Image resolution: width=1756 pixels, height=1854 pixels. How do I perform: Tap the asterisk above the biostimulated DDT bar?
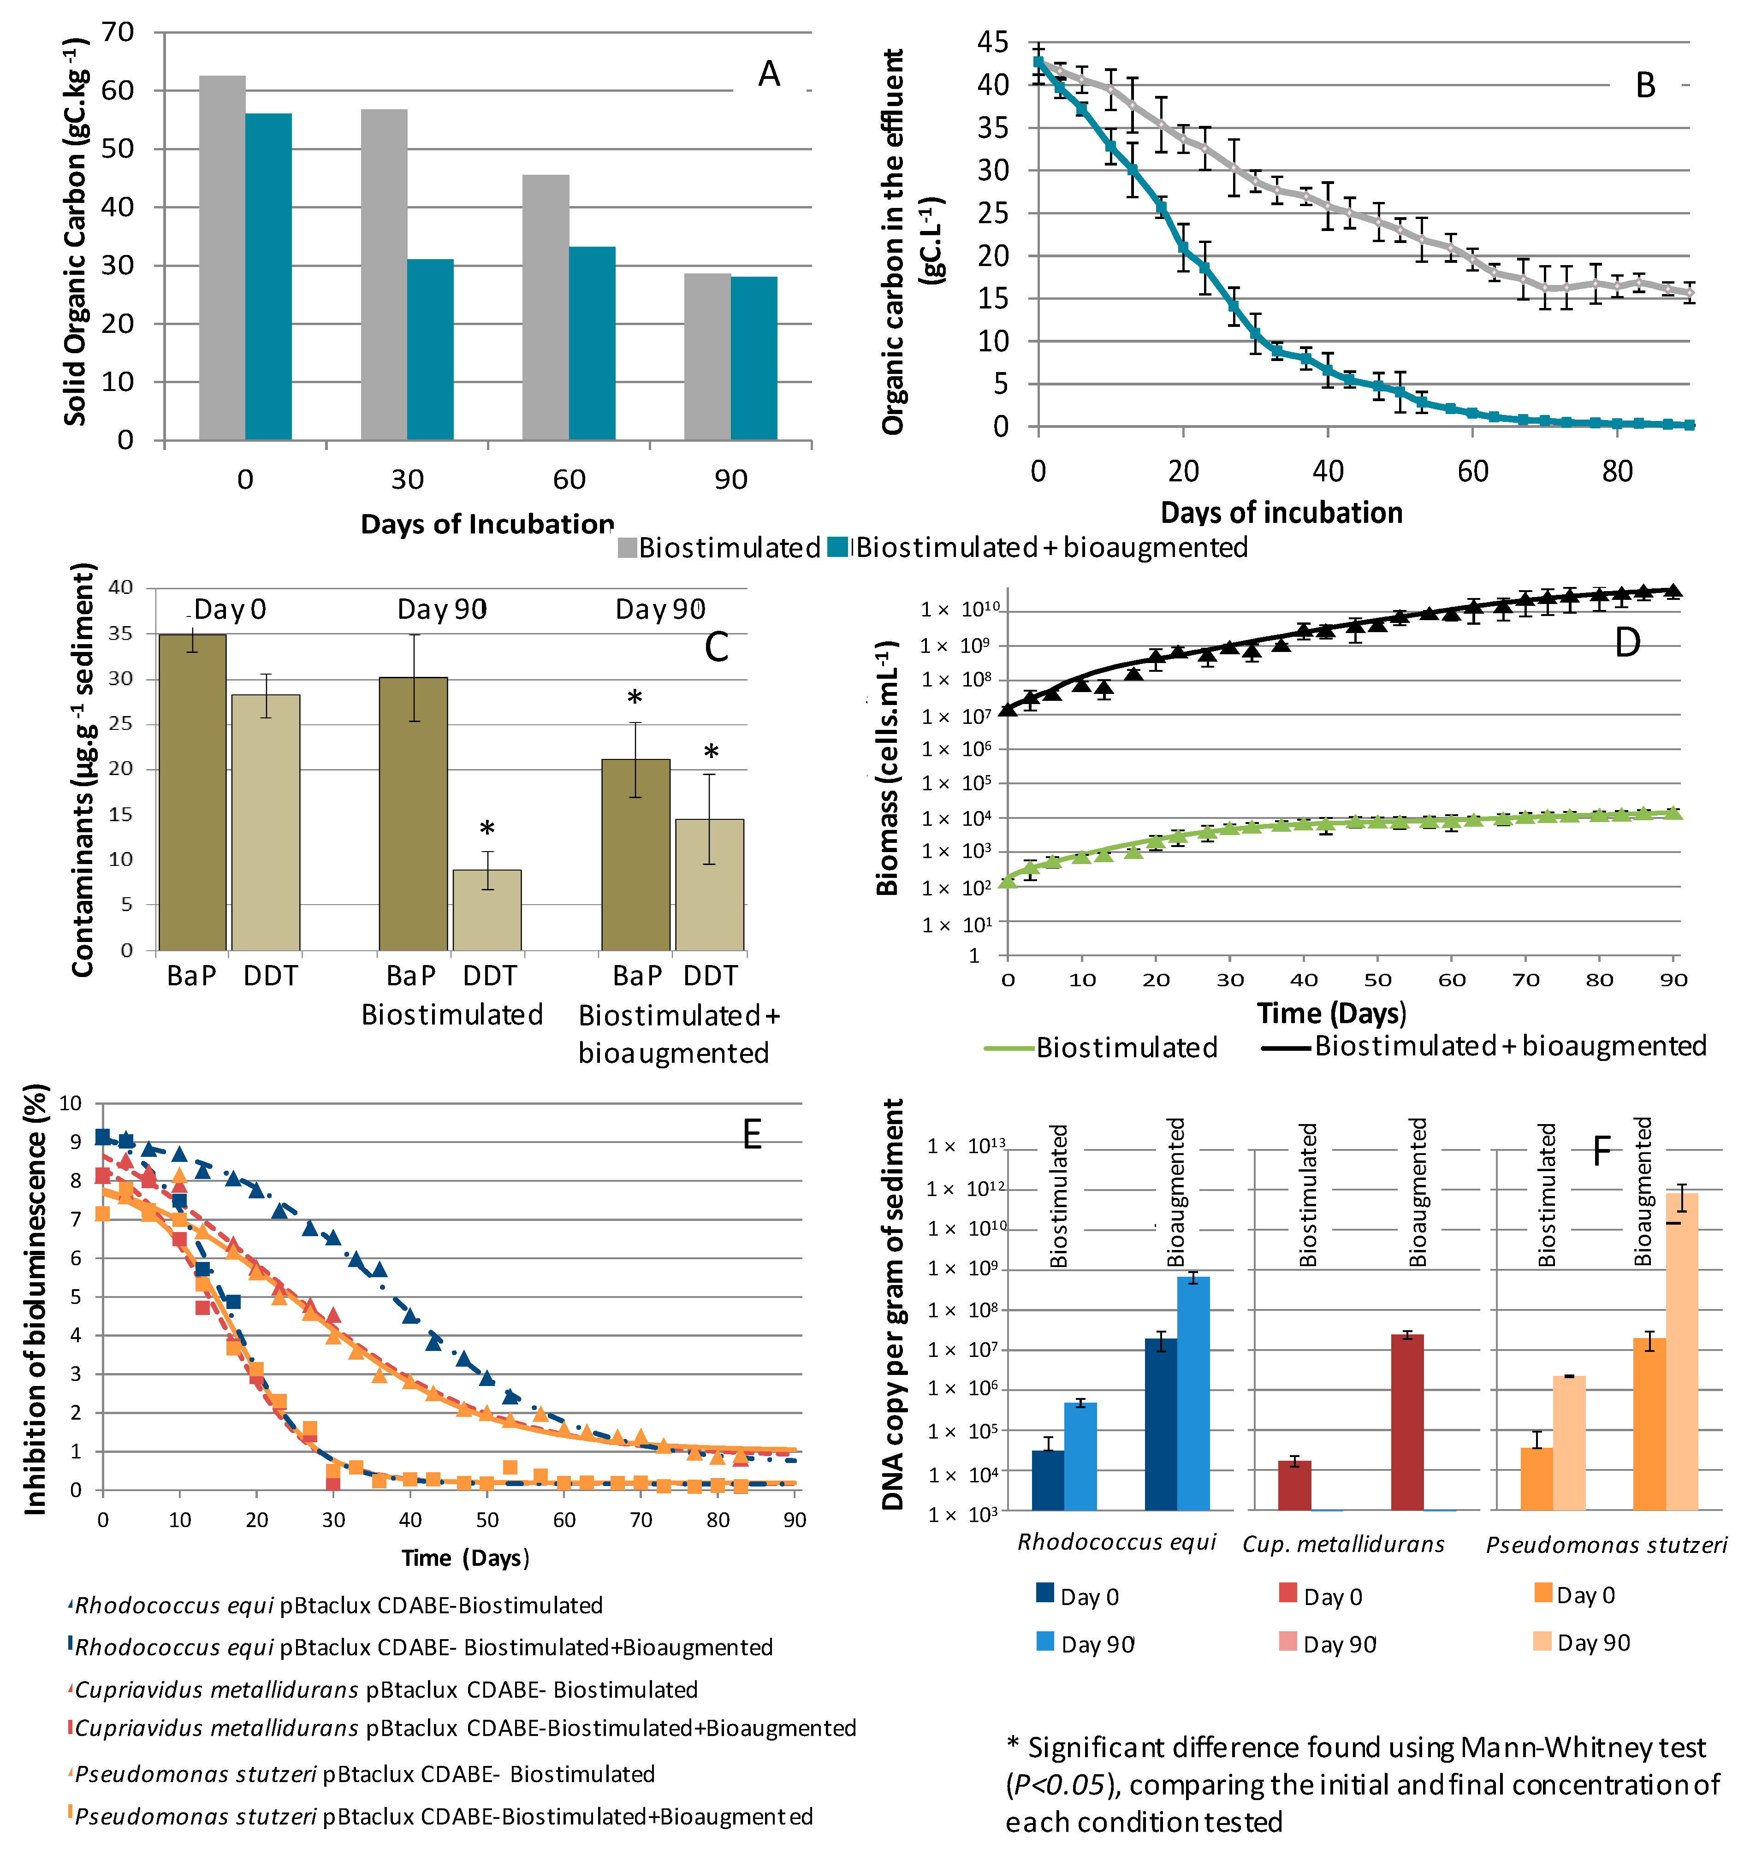pos(487,829)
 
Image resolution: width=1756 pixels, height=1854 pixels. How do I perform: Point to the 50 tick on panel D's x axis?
pos(1377,980)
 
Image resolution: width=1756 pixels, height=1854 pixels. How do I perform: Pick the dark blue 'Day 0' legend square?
pos(1045,1593)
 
